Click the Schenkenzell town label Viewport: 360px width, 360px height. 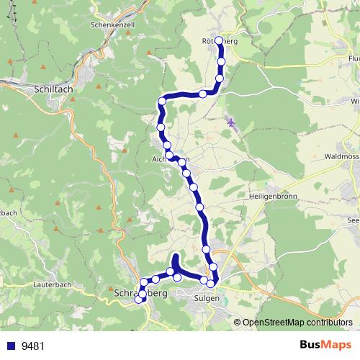[x=114, y=24]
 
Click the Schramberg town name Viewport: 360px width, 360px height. [x=141, y=294]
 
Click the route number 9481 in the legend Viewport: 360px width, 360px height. [x=33, y=346]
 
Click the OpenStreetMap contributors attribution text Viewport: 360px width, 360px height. [x=297, y=322]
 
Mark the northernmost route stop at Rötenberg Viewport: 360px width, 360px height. [x=220, y=40]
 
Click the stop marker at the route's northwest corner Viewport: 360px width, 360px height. [x=163, y=102]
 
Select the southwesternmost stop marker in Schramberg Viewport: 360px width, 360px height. [x=140, y=300]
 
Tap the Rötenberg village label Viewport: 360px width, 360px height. [x=220, y=42]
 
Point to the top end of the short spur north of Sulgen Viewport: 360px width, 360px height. [x=175, y=257]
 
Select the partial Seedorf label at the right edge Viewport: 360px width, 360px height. [x=353, y=220]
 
